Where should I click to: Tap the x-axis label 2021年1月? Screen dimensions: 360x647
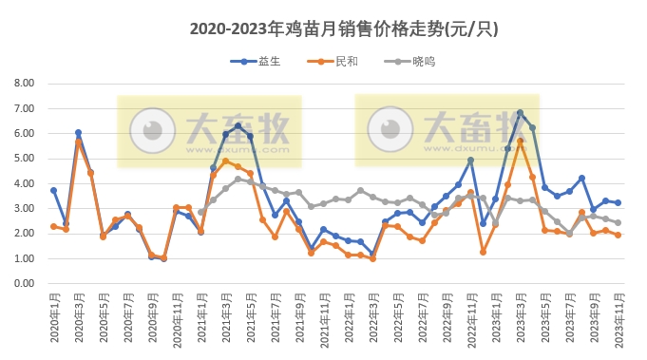pyautogui.click(x=200, y=318)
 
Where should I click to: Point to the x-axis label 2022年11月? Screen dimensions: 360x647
pyautogui.click(x=470, y=318)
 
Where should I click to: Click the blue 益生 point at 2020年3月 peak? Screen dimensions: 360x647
pyautogui.click(x=78, y=133)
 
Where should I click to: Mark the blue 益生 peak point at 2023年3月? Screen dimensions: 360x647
pyautogui.click(x=520, y=112)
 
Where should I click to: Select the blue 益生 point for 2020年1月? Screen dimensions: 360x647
pyautogui.click(x=53, y=190)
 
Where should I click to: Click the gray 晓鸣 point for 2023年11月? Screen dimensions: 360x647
pyautogui.click(x=618, y=223)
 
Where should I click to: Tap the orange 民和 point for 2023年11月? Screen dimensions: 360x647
pyautogui.click(x=618, y=235)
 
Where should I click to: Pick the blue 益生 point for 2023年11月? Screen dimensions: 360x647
pyautogui.click(x=618, y=202)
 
